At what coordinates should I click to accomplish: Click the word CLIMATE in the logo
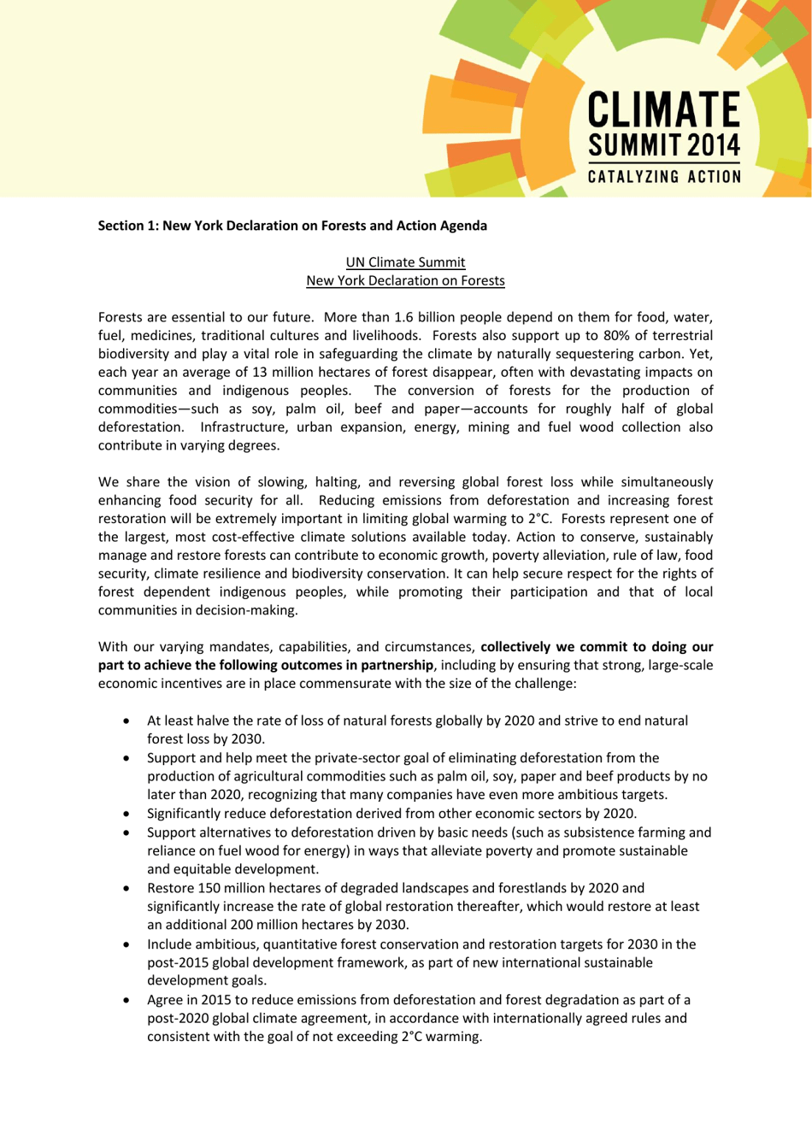click(663, 110)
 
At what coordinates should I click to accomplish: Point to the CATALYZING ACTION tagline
click(663, 177)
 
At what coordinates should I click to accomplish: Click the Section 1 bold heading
click(292, 226)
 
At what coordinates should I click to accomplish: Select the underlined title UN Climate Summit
click(405, 262)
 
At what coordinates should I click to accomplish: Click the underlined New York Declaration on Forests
click(405, 280)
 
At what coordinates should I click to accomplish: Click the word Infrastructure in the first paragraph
click(243, 426)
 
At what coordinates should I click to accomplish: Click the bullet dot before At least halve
click(127, 721)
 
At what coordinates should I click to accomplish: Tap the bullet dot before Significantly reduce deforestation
click(127, 814)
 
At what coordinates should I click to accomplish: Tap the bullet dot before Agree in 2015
click(127, 1000)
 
